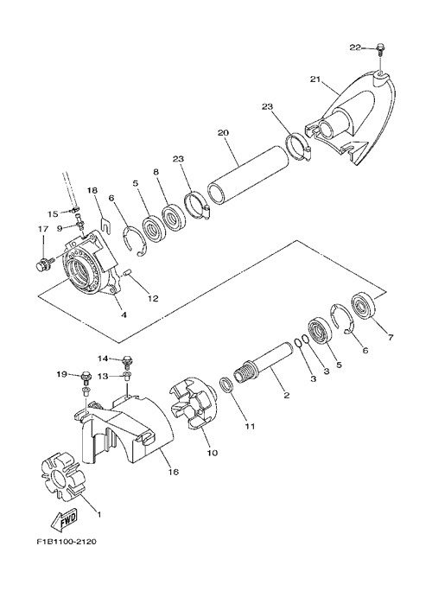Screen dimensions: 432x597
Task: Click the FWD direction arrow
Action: click(x=65, y=520)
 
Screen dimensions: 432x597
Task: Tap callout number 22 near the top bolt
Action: click(x=355, y=48)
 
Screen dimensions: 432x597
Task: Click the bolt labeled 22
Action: click(x=380, y=49)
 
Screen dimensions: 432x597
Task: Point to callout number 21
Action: click(x=314, y=79)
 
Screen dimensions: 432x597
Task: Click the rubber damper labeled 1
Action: click(x=64, y=476)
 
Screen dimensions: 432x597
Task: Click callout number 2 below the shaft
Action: click(x=287, y=395)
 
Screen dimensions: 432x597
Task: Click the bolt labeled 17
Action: click(x=42, y=264)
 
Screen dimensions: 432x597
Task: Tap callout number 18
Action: click(x=92, y=189)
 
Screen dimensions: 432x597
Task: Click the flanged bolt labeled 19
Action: click(x=86, y=378)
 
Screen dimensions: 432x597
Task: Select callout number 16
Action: click(x=173, y=472)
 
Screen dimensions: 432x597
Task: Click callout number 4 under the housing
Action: click(x=124, y=314)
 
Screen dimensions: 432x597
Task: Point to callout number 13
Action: click(x=103, y=376)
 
